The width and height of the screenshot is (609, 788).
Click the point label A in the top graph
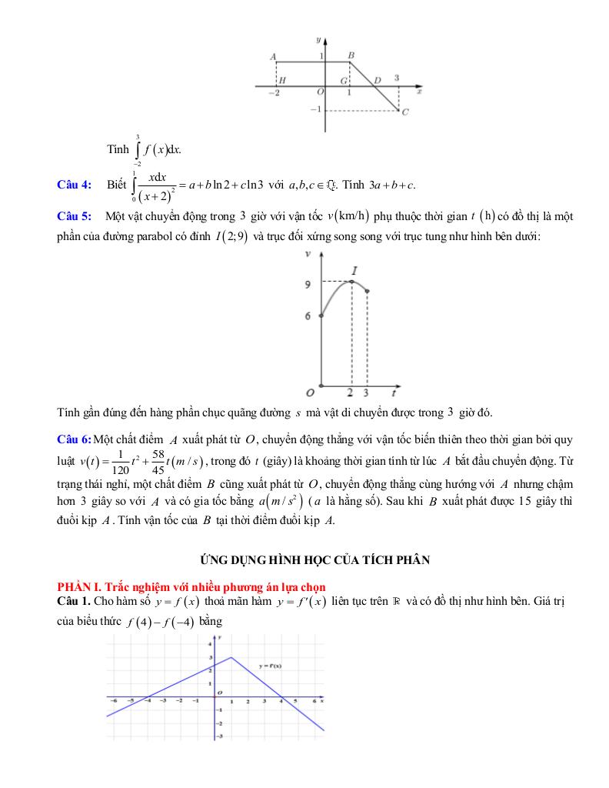click(x=274, y=56)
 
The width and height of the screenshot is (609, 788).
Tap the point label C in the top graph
click(x=404, y=112)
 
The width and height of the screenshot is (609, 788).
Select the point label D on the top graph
click(x=377, y=80)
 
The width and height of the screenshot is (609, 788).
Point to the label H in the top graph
click(x=283, y=80)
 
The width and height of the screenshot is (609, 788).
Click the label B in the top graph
click(x=351, y=55)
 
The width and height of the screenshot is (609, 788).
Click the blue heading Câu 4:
click(x=74, y=183)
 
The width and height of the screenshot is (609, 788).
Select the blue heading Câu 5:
click(x=74, y=216)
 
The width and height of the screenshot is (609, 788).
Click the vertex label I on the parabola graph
click(x=355, y=271)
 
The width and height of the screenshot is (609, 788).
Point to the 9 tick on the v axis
click(x=308, y=284)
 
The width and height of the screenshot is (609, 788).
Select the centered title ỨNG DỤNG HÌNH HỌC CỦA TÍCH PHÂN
click(x=305, y=559)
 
